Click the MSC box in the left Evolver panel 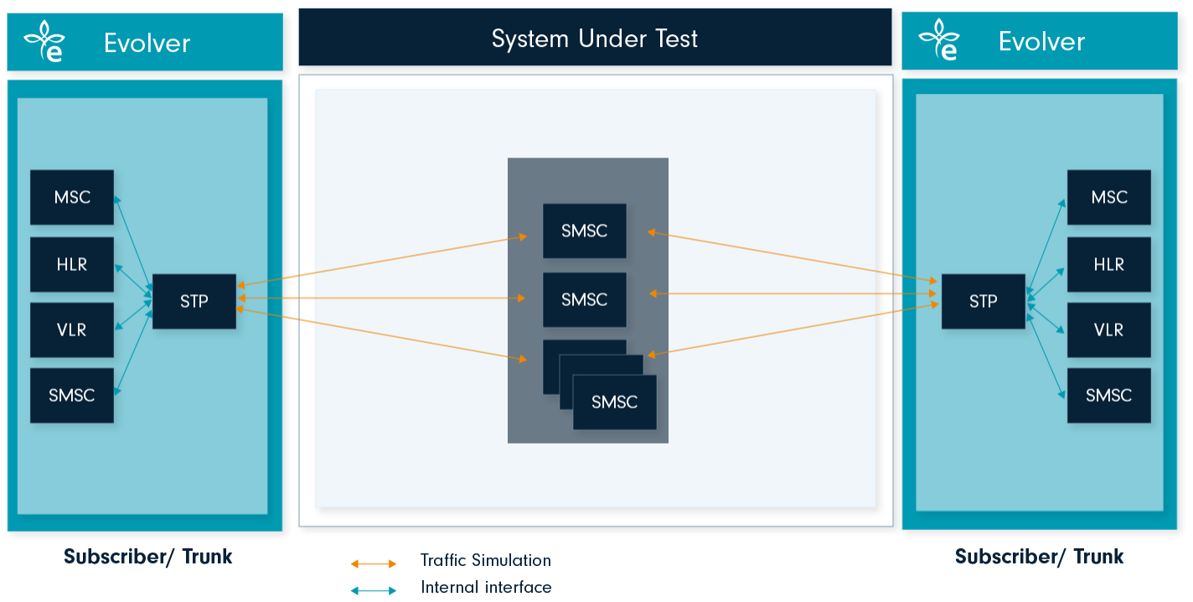click(72, 198)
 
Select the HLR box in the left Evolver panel click(72, 264)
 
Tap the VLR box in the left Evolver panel click(72, 330)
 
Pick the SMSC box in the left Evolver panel click(72, 395)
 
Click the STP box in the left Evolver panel click(194, 301)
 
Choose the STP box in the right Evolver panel click(983, 301)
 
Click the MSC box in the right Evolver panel click(1108, 198)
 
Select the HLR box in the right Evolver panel click(1108, 264)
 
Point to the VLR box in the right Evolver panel click(1108, 330)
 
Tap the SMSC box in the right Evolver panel click(1108, 395)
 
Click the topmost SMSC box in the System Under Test click(584, 231)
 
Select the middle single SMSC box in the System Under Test click(584, 299)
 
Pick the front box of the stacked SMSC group click(614, 402)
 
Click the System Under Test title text click(594, 39)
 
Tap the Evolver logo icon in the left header click(44, 42)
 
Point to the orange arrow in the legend click(374, 563)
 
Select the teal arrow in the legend click(374, 590)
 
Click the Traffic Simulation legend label click(486, 560)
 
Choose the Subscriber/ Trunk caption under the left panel click(148, 556)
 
